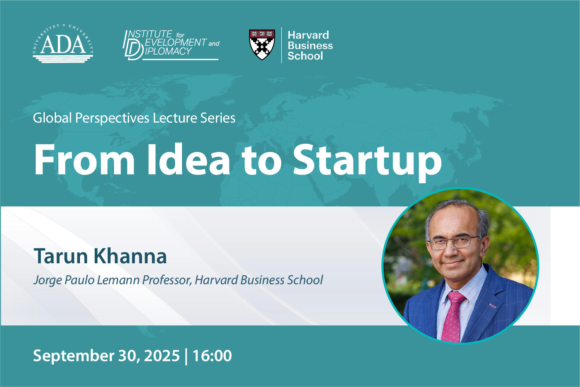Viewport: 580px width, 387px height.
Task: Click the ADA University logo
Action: [63, 43]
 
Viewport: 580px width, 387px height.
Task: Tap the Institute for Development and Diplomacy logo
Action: [171, 45]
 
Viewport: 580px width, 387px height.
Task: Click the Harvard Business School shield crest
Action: [262, 44]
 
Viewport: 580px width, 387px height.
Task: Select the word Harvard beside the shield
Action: [308, 35]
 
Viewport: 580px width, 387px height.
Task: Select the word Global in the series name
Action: [52, 118]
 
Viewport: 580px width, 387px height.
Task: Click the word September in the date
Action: [73, 356]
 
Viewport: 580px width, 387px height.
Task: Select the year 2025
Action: [162, 355]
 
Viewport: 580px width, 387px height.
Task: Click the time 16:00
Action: [212, 355]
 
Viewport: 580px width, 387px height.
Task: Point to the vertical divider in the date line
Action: [186, 356]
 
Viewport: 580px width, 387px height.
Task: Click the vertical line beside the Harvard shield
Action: [281, 45]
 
